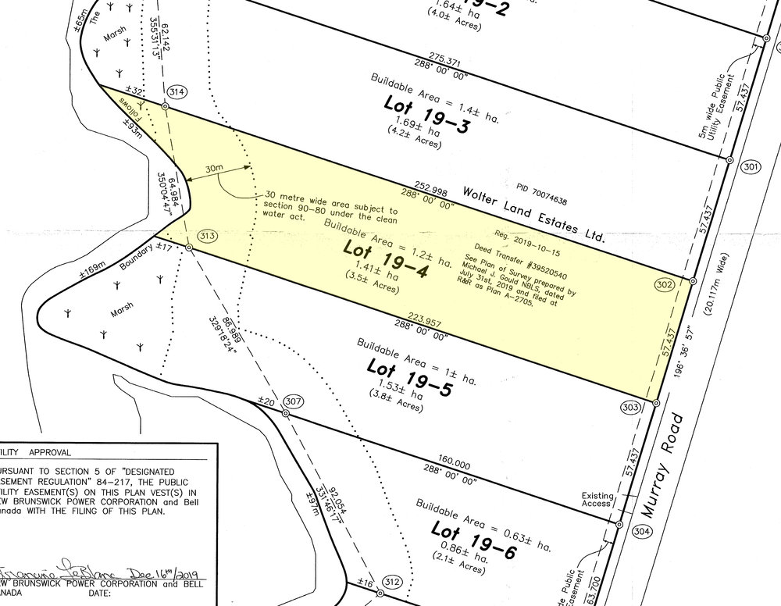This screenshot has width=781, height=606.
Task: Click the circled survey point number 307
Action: point(294,401)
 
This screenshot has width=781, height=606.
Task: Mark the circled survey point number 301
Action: point(752,167)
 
